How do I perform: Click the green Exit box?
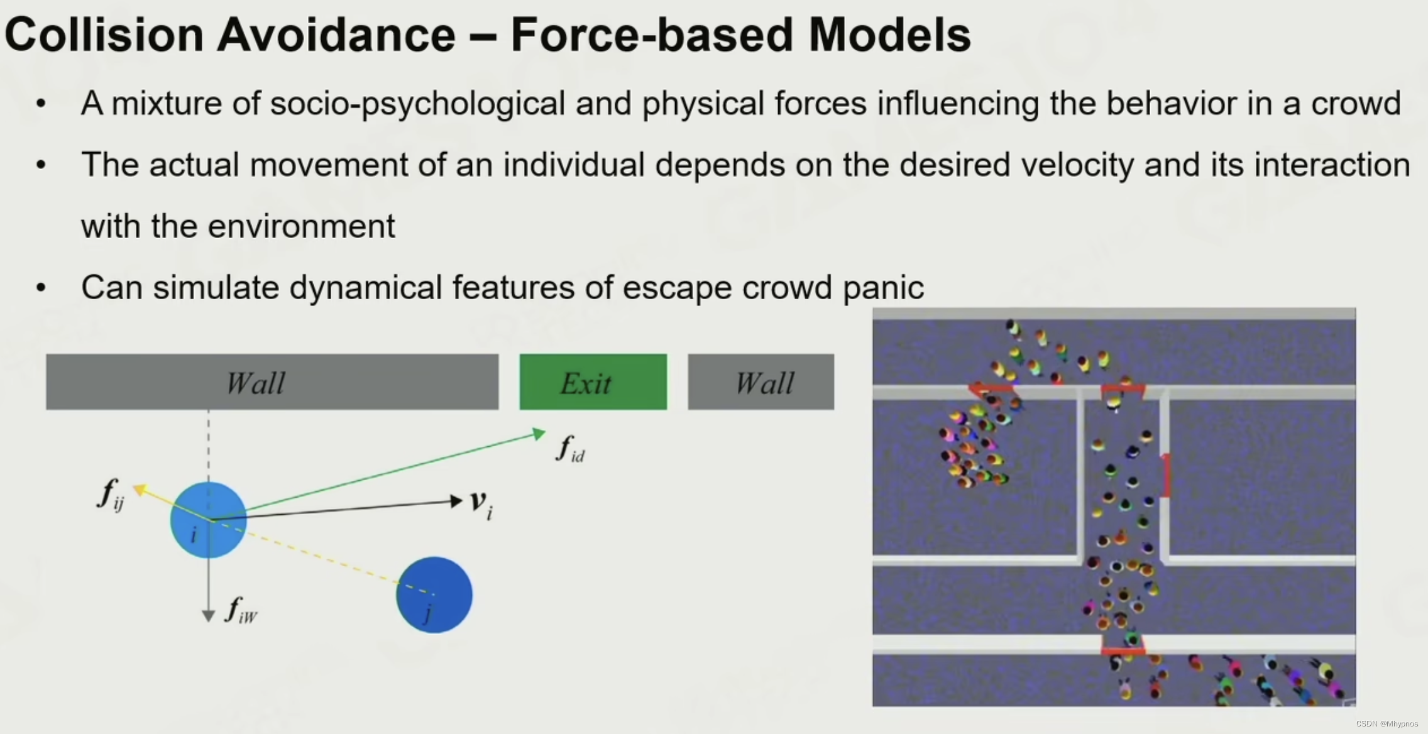593,382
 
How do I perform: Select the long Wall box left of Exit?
272,382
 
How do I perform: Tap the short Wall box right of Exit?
761,382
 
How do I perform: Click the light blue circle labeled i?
209,520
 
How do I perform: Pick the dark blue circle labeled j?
434,594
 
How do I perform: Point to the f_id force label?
570,449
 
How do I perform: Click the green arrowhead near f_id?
539,434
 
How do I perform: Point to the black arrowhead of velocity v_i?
456,501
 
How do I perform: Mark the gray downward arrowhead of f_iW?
209,616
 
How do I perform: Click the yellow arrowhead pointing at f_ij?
140,489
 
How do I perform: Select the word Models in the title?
890,35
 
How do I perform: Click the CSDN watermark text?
1387,724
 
